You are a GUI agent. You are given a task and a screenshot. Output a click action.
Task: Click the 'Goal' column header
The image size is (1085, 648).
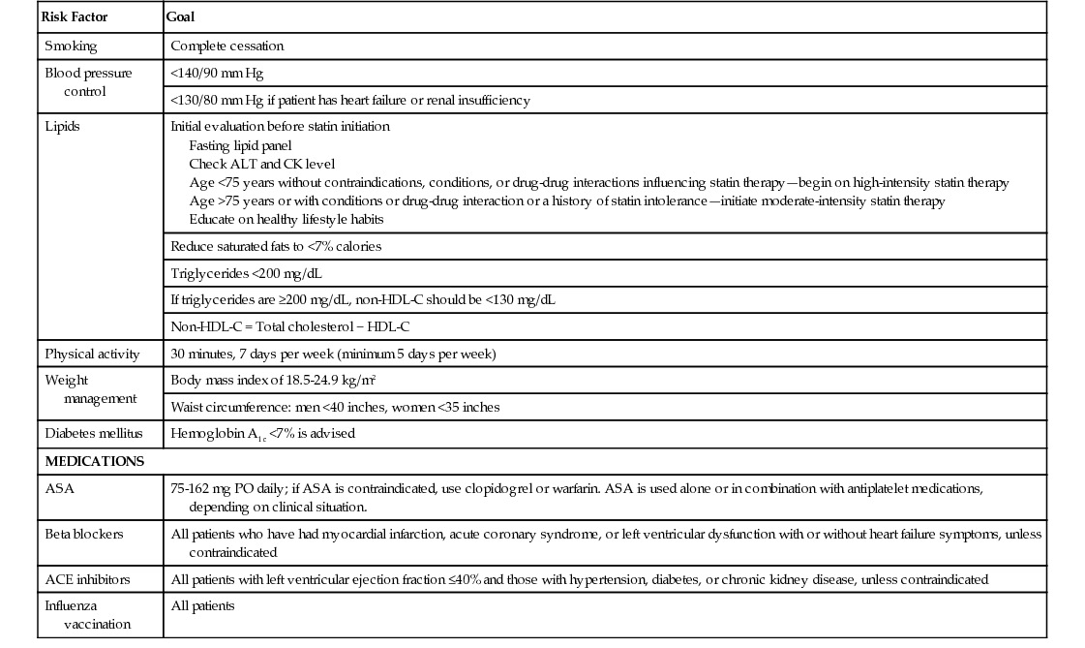click(x=181, y=17)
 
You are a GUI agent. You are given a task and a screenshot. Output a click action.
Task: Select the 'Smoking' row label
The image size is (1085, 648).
click(x=71, y=46)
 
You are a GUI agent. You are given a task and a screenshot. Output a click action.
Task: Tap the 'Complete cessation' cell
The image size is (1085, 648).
click(x=226, y=46)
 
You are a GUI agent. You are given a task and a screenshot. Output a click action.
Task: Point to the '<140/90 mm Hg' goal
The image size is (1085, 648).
click(x=216, y=73)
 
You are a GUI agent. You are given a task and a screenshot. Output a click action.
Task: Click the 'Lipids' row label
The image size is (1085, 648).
click(x=63, y=126)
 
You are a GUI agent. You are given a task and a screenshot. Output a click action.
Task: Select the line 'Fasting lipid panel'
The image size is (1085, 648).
click(x=240, y=145)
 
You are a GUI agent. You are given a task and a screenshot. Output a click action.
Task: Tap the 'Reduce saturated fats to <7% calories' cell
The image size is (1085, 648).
click(x=276, y=246)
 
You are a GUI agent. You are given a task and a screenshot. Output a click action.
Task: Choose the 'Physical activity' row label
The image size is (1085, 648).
click(x=92, y=354)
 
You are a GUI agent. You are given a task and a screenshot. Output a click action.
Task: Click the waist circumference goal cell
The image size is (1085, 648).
click(x=335, y=407)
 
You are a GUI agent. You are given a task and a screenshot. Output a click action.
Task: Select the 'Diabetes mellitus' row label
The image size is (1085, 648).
click(x=93, y=433)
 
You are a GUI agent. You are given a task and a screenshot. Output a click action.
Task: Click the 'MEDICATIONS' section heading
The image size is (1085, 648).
click(x=94, y=461)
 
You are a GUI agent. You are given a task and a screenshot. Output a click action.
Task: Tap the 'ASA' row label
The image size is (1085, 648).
click(x=59, y=489)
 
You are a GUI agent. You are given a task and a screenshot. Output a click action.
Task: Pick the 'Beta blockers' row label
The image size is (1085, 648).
click(x=84, y=534)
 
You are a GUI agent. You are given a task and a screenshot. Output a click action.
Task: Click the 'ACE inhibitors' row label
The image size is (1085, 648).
click(x=87, y=579)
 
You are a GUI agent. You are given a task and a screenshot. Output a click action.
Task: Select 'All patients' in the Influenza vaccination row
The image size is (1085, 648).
click(x=202, y=606)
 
